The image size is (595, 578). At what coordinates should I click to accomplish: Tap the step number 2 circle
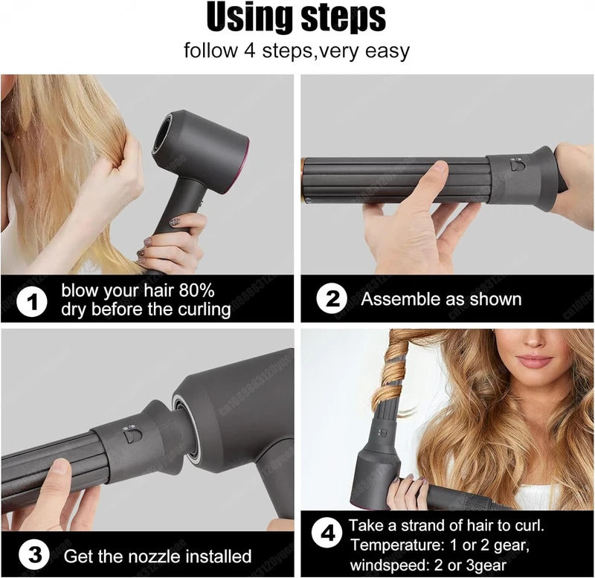tap(331, 299)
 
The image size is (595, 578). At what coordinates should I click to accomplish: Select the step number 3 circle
tap(35, 555)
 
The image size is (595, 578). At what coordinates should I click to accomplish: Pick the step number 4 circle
tap(324, 534)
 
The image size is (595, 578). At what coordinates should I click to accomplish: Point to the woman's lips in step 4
tap(535, 361)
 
